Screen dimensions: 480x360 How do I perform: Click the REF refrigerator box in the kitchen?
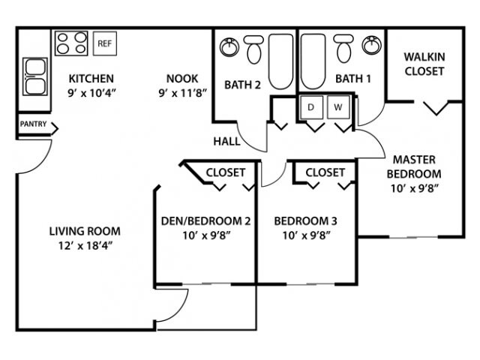click(105, 43)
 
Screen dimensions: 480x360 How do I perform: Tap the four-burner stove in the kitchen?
click(72, 43)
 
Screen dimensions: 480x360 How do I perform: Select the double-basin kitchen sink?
click(35, 76)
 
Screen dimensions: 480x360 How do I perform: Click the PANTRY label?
click(33, 124)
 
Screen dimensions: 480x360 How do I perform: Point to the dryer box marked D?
click(311, 107)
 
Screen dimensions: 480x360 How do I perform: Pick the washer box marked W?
click(338, 107)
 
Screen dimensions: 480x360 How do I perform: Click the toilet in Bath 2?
click(254, 49)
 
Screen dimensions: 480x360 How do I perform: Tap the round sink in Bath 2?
click(229, 47)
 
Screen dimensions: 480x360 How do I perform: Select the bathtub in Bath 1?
click(313, 61)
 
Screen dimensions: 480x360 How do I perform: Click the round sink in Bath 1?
click(372, 45)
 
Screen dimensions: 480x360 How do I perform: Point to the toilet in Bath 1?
click(343, 48)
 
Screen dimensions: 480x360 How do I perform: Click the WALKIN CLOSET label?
click(424, 64)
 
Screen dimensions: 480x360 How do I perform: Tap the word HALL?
click(226, 142)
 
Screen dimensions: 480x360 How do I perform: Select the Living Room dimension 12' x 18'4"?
click(85, 245)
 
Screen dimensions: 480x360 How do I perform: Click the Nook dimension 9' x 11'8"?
click(183, 93)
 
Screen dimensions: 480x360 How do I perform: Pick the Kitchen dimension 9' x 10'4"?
click(91, 93)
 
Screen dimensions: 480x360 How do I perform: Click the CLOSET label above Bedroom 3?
click(325, 172)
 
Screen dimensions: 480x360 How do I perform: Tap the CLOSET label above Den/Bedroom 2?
click(226, 172)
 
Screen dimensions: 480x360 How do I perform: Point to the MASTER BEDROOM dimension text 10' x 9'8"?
click(415, 188)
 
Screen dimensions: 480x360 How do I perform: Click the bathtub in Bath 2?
click(280, 61)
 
